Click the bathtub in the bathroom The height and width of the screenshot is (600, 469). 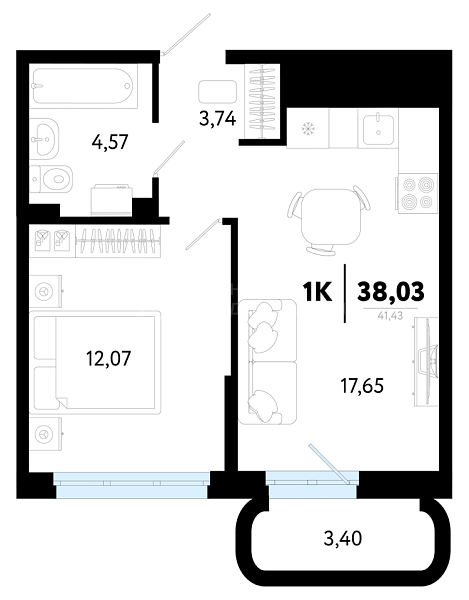83,86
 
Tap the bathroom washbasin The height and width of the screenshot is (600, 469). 44,137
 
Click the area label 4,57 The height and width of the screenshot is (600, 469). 109,142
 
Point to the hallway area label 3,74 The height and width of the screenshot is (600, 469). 217,119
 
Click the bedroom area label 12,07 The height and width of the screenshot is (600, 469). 108,359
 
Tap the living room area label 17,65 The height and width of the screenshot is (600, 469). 362,386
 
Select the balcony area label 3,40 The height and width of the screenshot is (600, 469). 342,539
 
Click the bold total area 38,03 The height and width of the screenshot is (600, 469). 390,291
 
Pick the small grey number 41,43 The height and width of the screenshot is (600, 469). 390,316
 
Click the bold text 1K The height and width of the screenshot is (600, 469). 317,292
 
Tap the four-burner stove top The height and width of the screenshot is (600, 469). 418,193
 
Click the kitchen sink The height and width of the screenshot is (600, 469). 378,129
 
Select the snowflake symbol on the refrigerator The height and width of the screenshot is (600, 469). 307,129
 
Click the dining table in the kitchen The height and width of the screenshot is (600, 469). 331,217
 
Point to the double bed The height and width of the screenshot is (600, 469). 95,362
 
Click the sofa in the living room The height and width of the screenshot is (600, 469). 267,362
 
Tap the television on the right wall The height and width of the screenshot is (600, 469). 426,362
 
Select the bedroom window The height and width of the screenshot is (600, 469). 131,485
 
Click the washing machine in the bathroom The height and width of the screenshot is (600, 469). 112,200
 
